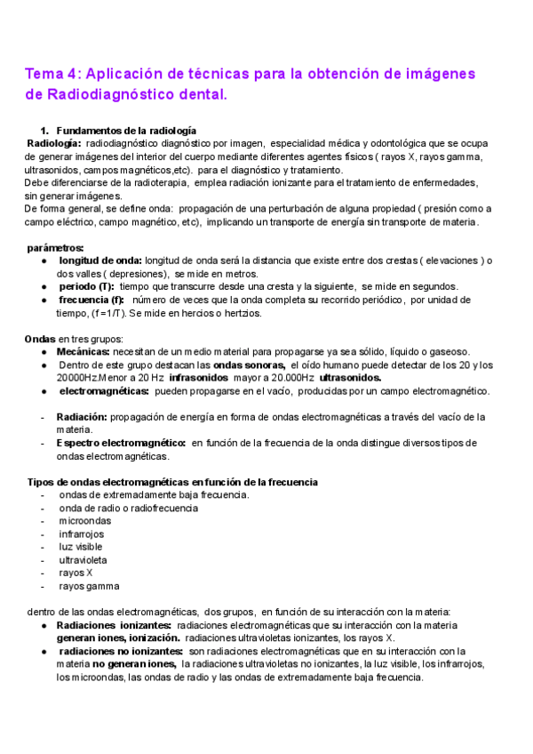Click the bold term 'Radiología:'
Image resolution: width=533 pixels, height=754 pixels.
pyautogui.click(x=54, y=143)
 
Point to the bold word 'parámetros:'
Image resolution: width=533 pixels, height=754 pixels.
pyautogui.click(x=56, y=247)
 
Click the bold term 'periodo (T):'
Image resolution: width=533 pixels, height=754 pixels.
pyautogui.click(x=86, y=286)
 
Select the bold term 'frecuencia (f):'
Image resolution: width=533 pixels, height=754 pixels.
pyautogui.click(x=91, y=300)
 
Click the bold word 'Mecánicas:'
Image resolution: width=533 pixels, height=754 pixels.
pyautogui.click(x=84, y=352)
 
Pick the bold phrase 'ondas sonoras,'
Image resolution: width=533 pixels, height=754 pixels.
pyautogui.click(x=250, y=365)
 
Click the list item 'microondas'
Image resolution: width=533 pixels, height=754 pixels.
pyautogui.click(x=85, y=521)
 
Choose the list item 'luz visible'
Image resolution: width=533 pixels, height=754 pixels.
pyautogui.click(x=84, y=547)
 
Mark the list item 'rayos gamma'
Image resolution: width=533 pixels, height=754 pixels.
pyautogui.click(x=89, y=586)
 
